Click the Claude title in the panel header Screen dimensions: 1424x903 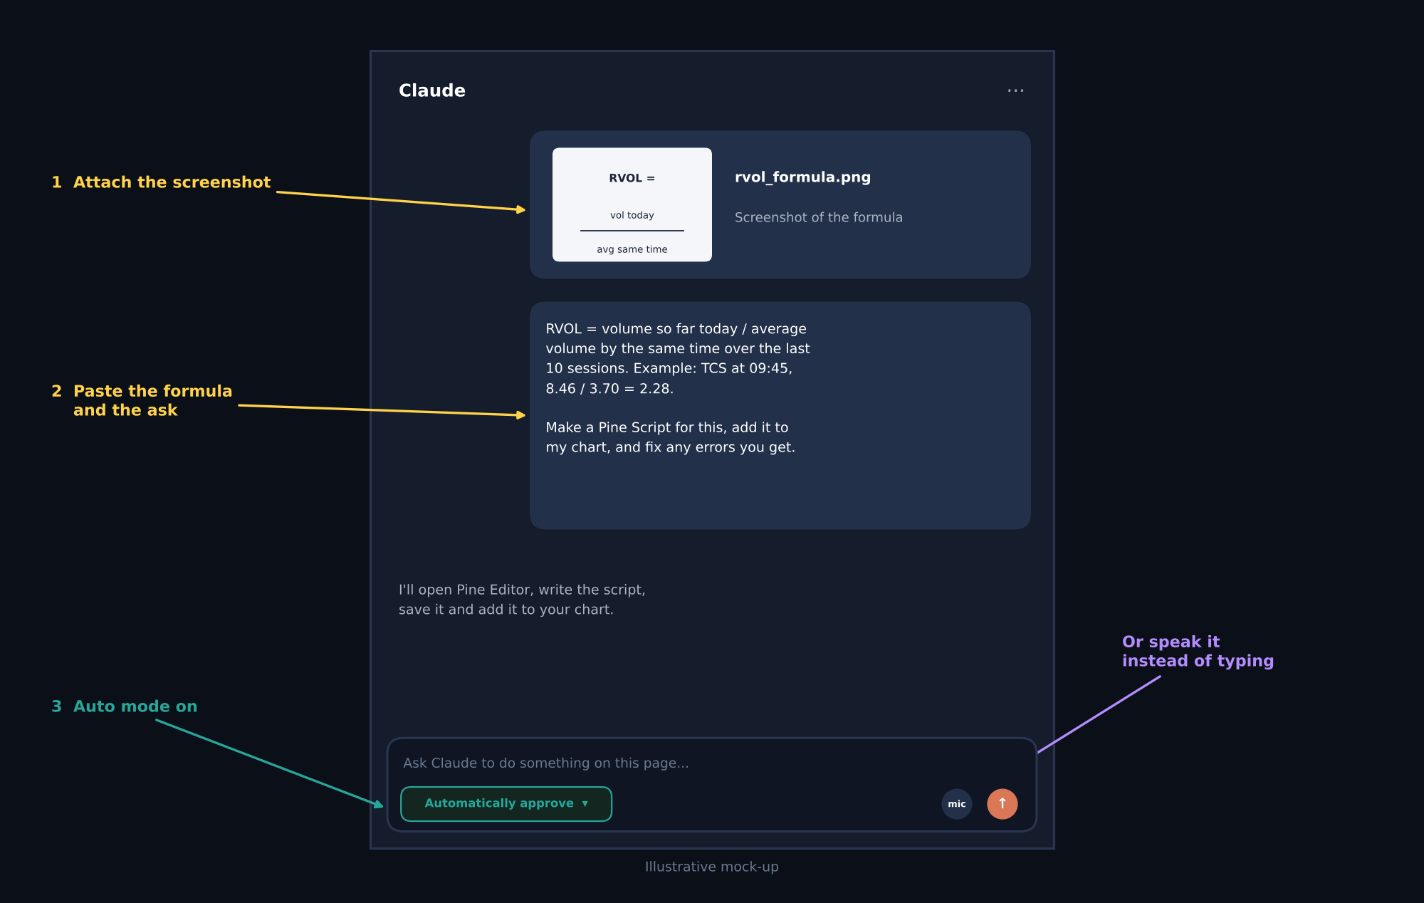pos(431,90)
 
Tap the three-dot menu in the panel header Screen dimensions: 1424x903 pos(1015,90)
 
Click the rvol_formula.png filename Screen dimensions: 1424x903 pos(802,177)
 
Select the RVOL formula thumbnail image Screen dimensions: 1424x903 pos(632,204)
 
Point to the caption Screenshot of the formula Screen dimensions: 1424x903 pos(818,217)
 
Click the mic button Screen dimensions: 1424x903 pos(956,804)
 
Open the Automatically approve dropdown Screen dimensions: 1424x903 pos(506,804)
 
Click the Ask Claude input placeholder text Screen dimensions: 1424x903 pos(545,763)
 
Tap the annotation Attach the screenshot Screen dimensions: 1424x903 pos(172,182)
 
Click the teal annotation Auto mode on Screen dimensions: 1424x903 pos(135,706)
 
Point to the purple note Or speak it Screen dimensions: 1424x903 pos(1171,642)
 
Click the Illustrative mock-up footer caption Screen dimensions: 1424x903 pos(712,867)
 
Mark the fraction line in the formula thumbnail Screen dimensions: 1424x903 pos(632,231)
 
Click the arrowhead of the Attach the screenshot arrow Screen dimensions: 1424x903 pos(521,209)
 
